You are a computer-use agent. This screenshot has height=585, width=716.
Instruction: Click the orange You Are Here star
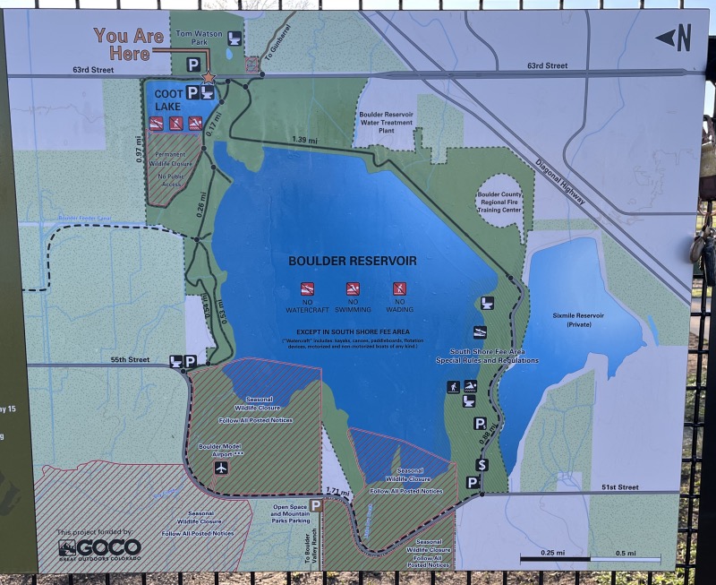[209, 77]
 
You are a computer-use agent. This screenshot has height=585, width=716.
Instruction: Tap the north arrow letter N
[685, 38]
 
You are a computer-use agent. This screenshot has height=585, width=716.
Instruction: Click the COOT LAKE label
[167, 99]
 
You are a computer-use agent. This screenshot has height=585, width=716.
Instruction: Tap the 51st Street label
[620, 487]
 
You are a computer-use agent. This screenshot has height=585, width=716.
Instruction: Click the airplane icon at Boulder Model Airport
[222, 467]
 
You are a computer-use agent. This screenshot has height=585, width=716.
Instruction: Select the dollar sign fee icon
[482, 464]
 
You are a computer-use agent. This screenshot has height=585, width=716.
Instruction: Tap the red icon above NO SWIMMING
[353, 288]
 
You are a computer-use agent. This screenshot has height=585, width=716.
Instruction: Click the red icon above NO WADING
[398, 288]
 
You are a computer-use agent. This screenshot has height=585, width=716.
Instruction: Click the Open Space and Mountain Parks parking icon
[316, 505]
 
